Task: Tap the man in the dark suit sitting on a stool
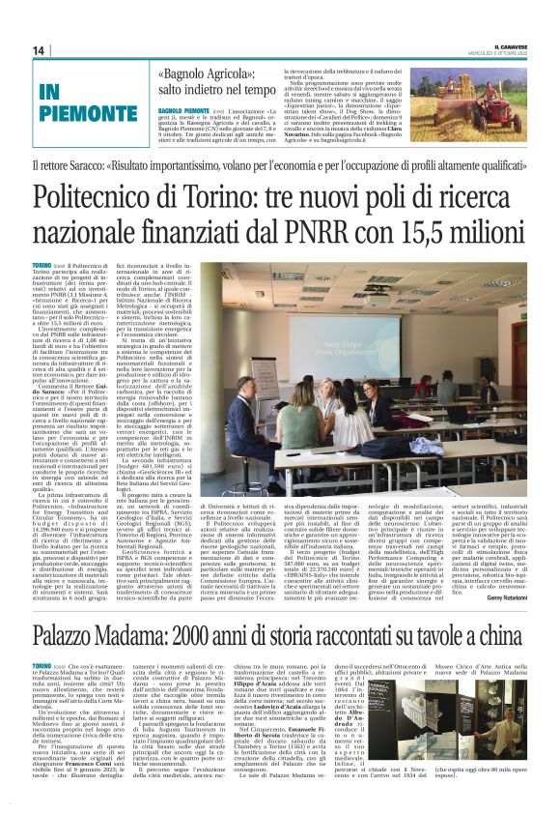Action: (x=238, y=406)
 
